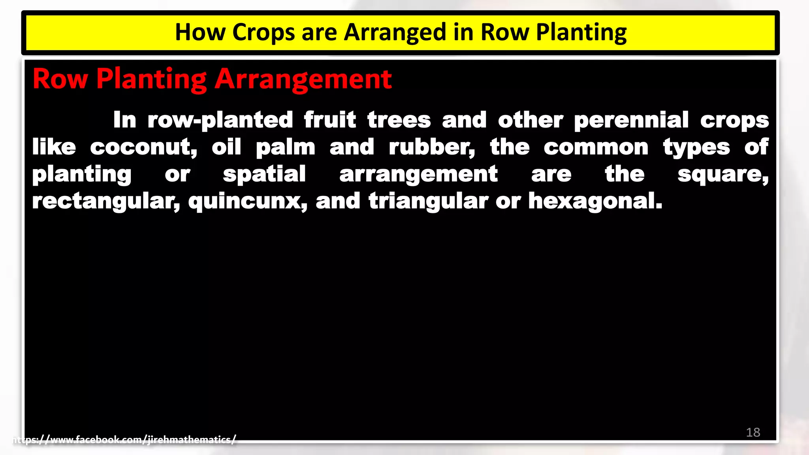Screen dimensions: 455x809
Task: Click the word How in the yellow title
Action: tap(200, 32)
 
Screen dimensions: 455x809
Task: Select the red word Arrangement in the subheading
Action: tap(303, 79)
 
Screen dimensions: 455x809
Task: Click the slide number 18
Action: tap(753, 432)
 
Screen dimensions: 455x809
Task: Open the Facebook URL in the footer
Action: tap(124, 440)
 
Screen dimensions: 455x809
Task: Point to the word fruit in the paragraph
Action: tap(330, 120)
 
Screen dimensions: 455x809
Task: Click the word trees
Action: tap(399, 120)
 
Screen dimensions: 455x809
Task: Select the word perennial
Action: tap(631, 120)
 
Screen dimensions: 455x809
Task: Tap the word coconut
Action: tap(143, 147)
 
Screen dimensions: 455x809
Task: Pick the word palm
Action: tap(285, 148)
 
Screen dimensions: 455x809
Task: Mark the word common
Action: tap(596, 147)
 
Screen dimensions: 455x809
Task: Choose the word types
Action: tap(696, 148)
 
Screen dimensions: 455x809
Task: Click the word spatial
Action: tap(264, 175)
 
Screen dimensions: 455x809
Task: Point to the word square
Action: tap(723, 175)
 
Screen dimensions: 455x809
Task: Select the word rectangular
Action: tap(106, 201)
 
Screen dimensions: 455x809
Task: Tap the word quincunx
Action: tap(248, 201)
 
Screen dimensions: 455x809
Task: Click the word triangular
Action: tap(429, 201)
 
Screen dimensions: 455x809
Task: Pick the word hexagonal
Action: tap(595, 201)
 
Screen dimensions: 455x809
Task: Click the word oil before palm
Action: tap(226, 147)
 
